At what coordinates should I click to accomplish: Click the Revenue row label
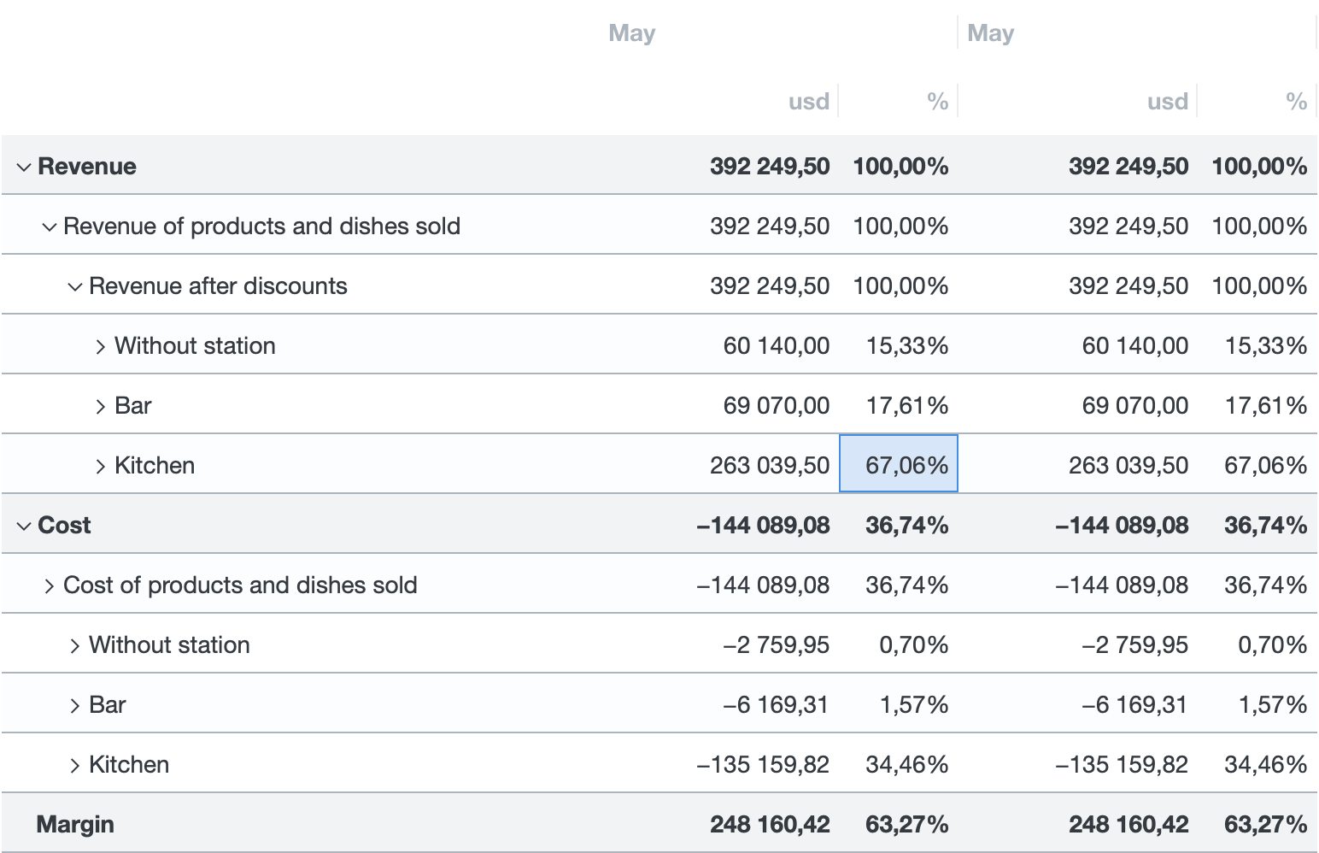point(87,166)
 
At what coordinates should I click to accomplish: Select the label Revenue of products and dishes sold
point(261,226)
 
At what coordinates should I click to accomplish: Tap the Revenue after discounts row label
point(218,285)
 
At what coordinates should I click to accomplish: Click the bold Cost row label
point(64,525)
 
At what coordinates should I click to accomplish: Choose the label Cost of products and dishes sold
point(240,585)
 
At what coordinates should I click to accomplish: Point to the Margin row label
point(75,824)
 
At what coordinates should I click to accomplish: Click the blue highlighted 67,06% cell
point(899,464)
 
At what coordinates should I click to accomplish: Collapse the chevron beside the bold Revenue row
point(24,167)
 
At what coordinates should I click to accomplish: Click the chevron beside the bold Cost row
point(24,526)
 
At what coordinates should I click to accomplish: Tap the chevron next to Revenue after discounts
point(75,286)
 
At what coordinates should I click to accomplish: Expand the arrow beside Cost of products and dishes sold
point(50,585)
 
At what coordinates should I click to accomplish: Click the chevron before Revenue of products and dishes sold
point(50,226)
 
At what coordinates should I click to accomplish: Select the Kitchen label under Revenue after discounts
point(155,465)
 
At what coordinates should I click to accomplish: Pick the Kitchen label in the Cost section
point(129,764)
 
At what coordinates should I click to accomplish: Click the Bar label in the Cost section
point(108,704)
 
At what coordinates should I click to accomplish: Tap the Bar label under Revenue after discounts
point(133,405)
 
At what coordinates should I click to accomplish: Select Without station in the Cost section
point(169,644)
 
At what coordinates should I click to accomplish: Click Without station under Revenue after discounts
point(195,345)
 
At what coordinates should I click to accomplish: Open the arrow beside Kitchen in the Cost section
point(75,765)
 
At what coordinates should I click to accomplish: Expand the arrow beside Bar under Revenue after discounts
point(101,406)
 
